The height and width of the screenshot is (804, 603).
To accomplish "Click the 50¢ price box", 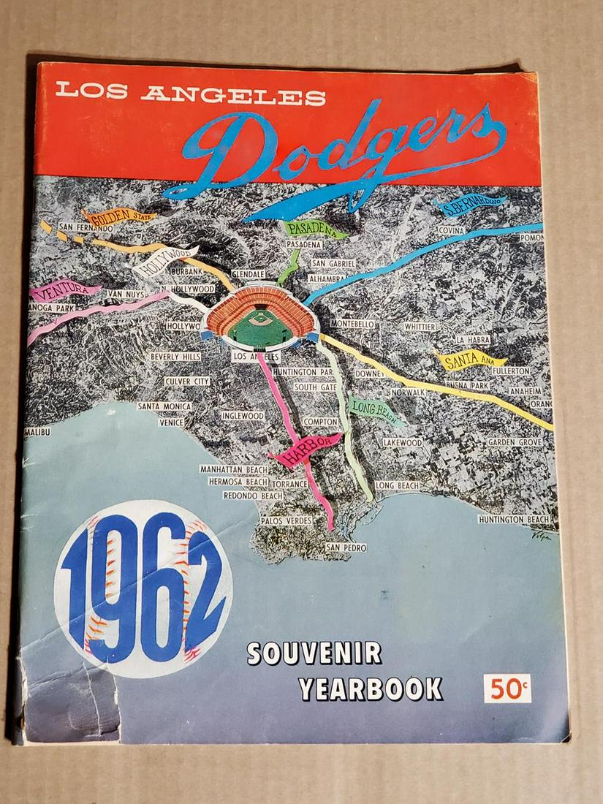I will point(507,689).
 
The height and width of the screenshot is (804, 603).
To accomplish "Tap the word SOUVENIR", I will point(314,652).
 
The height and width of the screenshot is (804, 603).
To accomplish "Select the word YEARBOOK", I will point(371,689).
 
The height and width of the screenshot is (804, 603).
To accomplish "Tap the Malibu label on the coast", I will point(37,432).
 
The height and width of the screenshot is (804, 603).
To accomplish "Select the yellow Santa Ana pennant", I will point(469,360).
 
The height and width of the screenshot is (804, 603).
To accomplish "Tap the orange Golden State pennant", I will point(118,216).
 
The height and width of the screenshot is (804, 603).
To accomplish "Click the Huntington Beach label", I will point(514,520).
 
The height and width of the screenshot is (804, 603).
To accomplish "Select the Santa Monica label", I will point(164,406).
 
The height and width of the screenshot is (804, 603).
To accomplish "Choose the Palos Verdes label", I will point(287,520).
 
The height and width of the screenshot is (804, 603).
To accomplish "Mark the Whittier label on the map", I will point(420,327).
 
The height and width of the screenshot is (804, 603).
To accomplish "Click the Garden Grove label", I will point(514,442).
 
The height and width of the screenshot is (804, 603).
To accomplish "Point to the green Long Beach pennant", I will point(375,410).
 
